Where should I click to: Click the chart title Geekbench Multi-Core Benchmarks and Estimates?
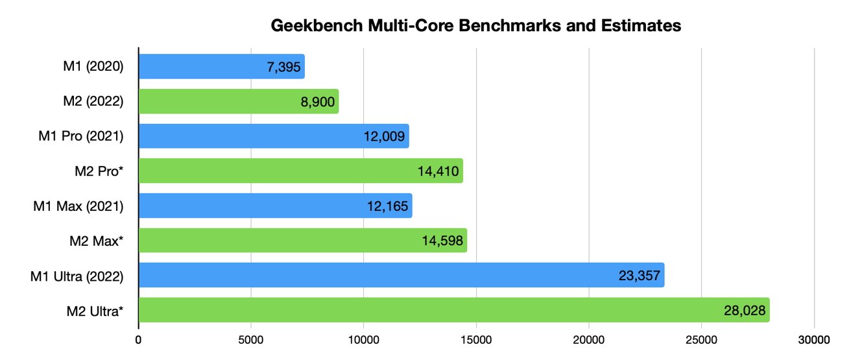tap(475, 26)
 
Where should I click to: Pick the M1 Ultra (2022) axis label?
tap(76, 276)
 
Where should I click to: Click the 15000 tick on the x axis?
tap(476, 339)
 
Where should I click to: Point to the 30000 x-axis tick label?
tap(814, 339)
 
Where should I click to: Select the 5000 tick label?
tap(251, 339)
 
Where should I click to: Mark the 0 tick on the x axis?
tap(138, 339)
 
